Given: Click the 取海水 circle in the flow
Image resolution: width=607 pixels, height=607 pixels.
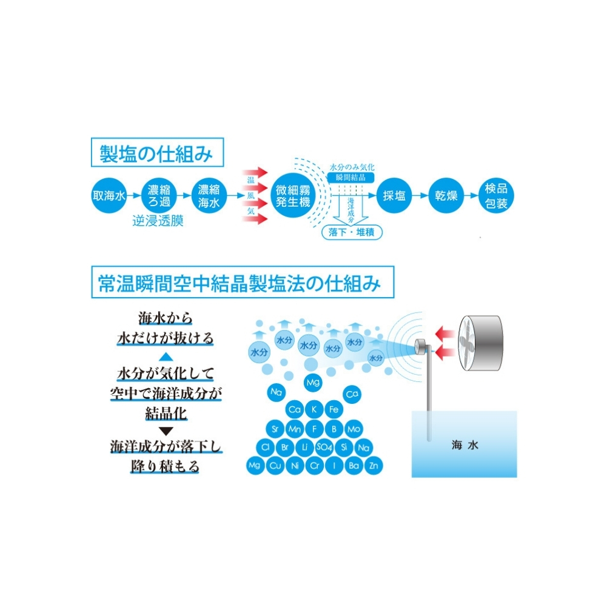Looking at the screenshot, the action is tap(109, 195).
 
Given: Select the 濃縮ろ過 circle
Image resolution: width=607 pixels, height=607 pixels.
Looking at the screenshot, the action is tap(159, 195).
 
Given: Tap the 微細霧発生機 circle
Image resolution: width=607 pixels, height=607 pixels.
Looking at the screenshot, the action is tap(293, 195).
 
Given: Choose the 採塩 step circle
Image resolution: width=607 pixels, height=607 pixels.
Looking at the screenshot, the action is tap(394, 195).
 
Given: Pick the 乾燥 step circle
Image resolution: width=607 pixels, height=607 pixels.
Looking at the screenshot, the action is tap(446, 195).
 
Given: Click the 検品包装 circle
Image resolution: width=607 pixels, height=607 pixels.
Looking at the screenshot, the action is tap(496, 195).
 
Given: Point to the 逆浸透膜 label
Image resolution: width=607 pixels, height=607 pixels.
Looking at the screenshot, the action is tap(158, 221).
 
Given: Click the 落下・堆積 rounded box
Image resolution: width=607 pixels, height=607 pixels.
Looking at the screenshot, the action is tap(352, 232).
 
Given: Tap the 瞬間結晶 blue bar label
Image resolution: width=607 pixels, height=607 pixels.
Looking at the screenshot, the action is tap(350, 178).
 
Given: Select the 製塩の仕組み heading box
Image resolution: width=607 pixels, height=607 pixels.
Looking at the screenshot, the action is tap(157, 153).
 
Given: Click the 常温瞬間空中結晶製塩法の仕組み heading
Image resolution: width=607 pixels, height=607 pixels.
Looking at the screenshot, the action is tap(243, 282).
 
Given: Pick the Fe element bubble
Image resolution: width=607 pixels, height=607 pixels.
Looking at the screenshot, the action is tap(334, 409).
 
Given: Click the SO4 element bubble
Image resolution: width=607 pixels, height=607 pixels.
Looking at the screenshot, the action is tap(324, 448).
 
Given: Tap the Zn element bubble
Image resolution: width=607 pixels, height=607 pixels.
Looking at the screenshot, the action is tap(373, 466).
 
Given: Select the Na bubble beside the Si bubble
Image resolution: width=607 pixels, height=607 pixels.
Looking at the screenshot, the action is tap(363, 448).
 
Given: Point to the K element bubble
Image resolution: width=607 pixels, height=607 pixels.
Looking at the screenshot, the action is tap(314, 409).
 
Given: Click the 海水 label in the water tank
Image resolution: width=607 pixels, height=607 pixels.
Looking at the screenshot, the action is tap(465, 445).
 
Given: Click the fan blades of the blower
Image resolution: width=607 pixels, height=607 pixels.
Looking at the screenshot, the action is tap(467, 343).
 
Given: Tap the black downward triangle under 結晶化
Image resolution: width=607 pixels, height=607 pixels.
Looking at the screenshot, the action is tap(166, 431).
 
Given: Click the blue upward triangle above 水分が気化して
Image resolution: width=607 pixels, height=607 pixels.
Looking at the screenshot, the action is tap(166, 357).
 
